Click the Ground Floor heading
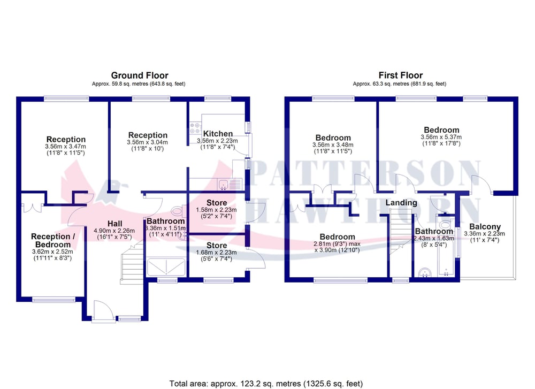(x=140, y=75)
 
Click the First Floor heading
(x=401, y=75)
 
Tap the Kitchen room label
(x=218, y=134)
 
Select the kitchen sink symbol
(x=224, y=185)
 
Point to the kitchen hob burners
(x=195, y=128)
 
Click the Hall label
(x=114, y=224)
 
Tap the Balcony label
(x=485, y=226)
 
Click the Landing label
(x=401, y=203)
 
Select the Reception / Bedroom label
(x=53, y=241)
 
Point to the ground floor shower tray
(x=166, y=267)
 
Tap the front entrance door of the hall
(x=103, y=311)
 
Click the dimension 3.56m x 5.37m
(x=441, y=137)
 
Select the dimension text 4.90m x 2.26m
(x=114, y=231)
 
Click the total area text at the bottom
(x=266, y=384)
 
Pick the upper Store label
(x=217, y=203)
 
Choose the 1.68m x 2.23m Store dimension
(x=216, y=253)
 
